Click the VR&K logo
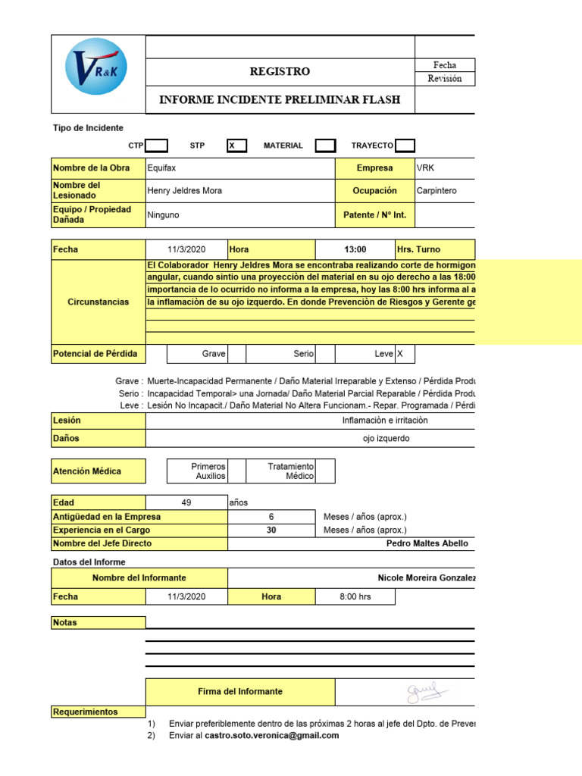(x=97, y=67)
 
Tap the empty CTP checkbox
(x=157, y=145)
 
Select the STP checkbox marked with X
(x=236, y=145)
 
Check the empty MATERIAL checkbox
(x=325, y=145)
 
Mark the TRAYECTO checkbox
(x=405, y=145)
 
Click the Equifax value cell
(x=162, y=168)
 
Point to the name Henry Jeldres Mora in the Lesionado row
(x=185, y=191)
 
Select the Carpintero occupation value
(x=436, y=191)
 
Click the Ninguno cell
(x=164, y=215)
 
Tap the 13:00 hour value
(x=355, y=249)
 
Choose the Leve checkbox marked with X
(x=405, y=354)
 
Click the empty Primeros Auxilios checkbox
(x=236, y=471)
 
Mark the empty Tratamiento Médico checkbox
(x=325, y=471)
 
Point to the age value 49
(x=186, y=502)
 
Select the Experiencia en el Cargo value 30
(x=271, y=530)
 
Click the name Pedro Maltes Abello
(x=427, y=543)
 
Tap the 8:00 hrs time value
(x=355, y=596)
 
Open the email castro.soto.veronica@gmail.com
(x=271, y=735)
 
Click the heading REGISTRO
(x=280, y=72)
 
